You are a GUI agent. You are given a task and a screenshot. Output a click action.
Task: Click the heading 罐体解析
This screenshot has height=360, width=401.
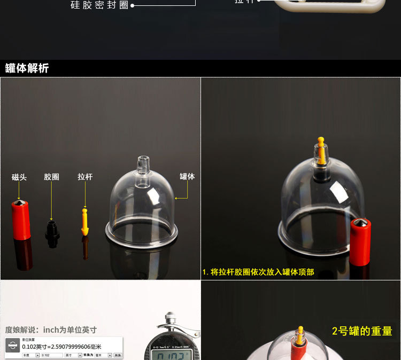[27, 68]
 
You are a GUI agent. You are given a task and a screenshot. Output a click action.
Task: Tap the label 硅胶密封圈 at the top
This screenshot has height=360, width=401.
[99, 6]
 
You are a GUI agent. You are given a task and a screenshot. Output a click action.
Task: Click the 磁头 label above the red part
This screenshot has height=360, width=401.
[19, 177]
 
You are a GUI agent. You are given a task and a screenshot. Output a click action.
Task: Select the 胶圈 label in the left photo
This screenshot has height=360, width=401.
[51, 177]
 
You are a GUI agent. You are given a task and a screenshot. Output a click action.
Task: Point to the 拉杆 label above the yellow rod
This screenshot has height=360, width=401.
[85, 177]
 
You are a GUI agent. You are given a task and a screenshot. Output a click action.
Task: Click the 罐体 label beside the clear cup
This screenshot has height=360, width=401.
[187, 176]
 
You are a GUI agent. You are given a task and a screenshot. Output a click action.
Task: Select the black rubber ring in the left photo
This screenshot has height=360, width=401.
[52, 233]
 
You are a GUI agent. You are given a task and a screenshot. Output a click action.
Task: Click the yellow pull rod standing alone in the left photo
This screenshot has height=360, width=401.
[84, 221]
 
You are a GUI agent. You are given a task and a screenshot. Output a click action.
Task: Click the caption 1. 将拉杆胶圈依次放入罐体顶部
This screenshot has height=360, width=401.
[258, 272]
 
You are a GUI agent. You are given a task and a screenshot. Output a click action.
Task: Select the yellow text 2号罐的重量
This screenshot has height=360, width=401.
[362, 331]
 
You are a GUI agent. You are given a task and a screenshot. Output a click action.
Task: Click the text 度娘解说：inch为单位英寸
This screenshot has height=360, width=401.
[51, 330]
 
